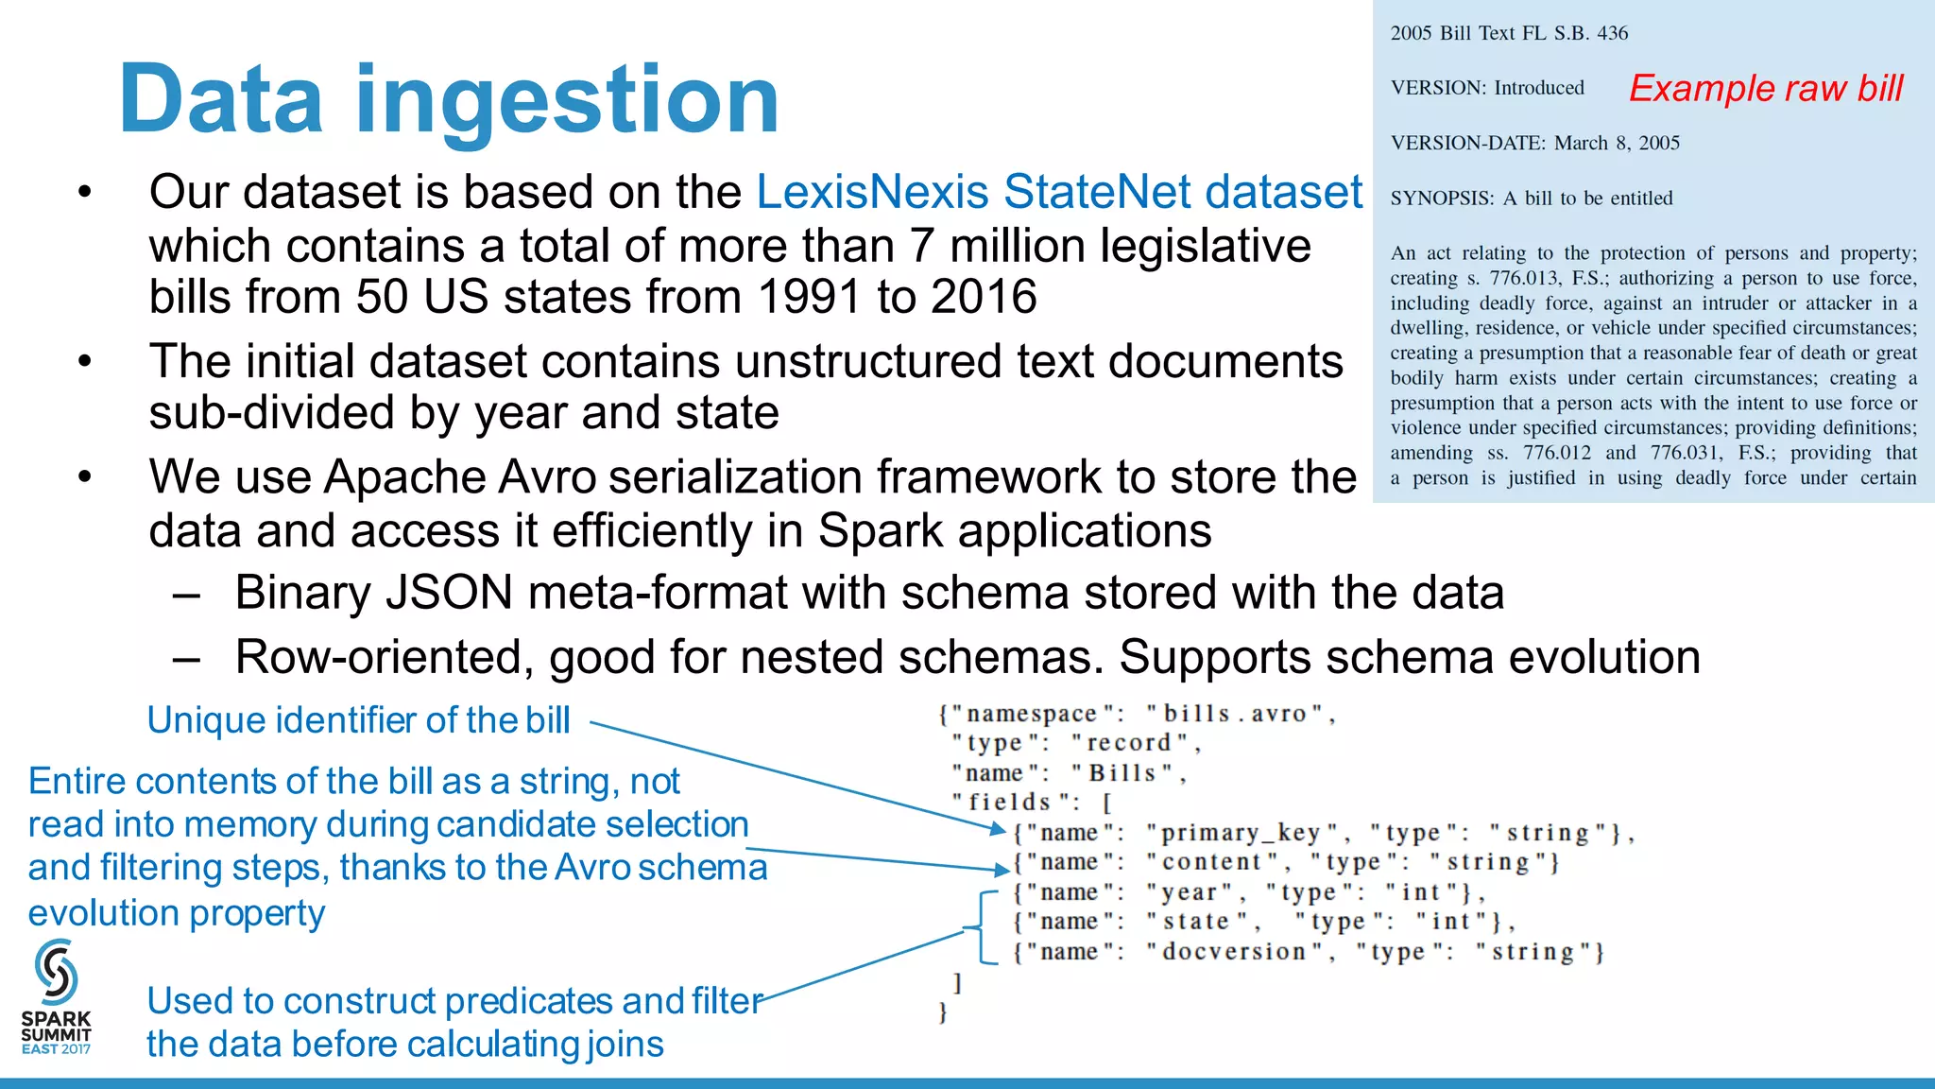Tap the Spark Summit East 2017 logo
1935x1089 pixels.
[x=57, y=997]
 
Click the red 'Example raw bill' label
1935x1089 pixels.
[x=1765, y=88]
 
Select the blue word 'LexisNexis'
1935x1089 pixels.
[x=872, y=192]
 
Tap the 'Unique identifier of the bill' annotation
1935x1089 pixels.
[x=358, y=720]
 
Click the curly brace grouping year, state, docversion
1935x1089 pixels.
[x=981, y=926]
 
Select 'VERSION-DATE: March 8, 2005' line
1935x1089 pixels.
[x=1534, y=143]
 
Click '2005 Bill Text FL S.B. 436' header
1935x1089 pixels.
[x=1509, y=33]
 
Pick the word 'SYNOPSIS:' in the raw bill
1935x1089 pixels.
[x=1442, y=199]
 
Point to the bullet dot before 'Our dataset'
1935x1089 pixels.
[x=85, y=193]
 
